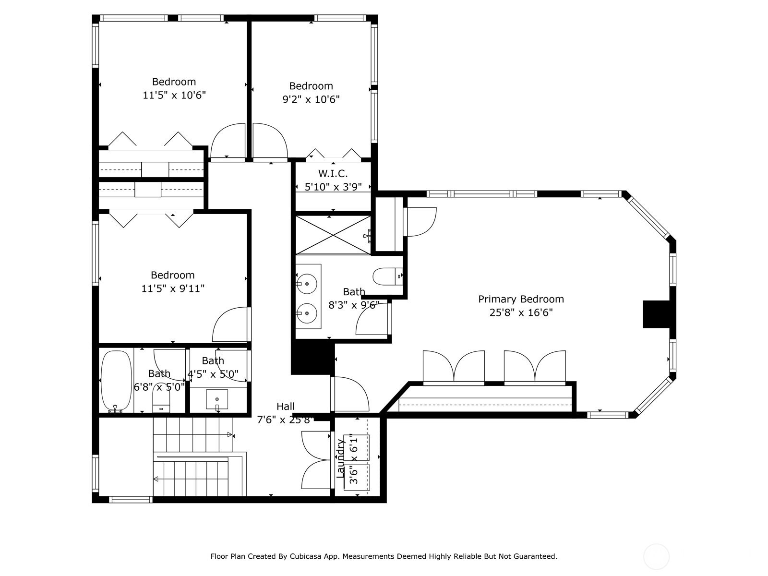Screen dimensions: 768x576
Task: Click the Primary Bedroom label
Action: tap(521, 300)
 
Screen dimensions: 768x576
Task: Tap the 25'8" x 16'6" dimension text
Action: tap(521, 312)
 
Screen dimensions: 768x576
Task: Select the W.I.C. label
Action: tap(333, 173)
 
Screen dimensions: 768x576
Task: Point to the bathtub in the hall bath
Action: tap(117, 381)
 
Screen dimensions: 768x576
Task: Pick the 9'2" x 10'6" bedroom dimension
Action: tap(311, 100)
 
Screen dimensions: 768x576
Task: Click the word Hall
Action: tap(286, 407)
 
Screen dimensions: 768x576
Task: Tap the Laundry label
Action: tap(340, 458)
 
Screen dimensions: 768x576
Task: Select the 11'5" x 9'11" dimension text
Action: tap(173, 288)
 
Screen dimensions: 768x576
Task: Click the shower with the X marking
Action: tap(333, 235)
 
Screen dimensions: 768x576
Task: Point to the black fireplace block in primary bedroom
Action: tap(656, 314)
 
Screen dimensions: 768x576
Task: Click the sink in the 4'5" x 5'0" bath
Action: tap(217, 399)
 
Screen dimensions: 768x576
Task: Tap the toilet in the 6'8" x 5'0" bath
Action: tap(161, 403)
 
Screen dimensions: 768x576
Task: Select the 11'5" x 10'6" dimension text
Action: tap(174, 95)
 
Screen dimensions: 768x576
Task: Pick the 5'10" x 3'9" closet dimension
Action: tap(333, 187)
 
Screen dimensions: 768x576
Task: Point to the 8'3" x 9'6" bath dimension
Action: tap(354, 305)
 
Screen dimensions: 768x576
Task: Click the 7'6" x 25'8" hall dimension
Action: tap(286, 420)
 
